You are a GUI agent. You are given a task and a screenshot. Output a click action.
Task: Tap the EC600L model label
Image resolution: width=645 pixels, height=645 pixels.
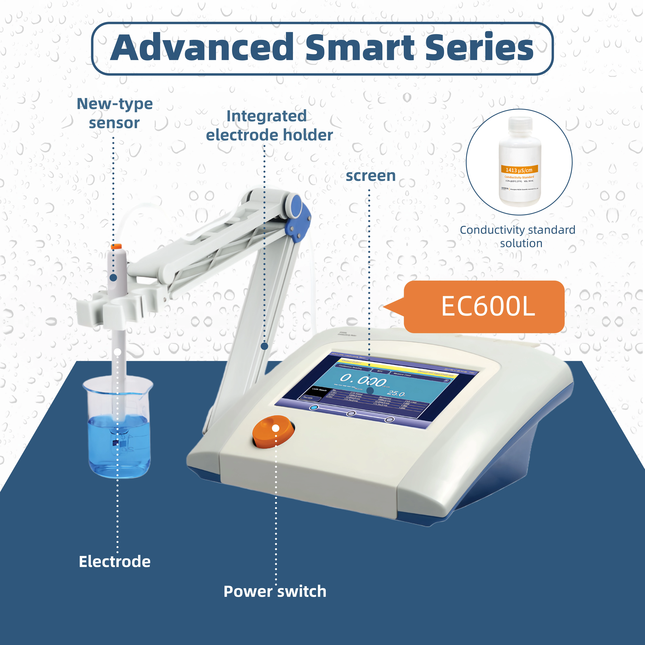[488, 306]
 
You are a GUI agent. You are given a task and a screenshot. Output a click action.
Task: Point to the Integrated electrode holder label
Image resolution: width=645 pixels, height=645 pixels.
[269, 126]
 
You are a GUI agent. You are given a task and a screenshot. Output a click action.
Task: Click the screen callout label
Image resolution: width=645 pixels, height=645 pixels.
[371, 176]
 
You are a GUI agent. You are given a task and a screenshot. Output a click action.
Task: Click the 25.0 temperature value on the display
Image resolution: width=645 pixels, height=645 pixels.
[396, 394]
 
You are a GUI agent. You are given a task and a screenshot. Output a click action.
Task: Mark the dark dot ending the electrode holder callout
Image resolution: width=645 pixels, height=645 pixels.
[264, 346]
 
